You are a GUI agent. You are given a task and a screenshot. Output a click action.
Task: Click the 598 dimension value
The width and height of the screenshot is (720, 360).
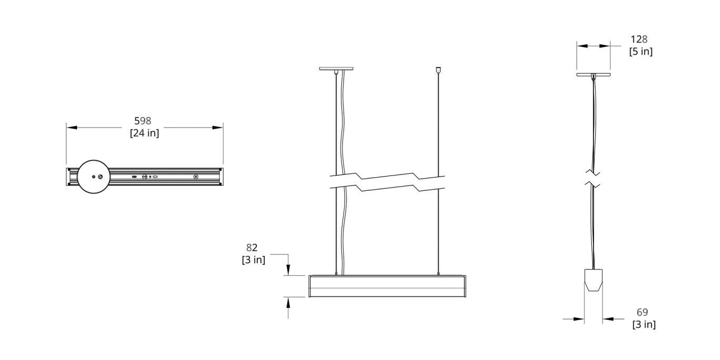[142, 121]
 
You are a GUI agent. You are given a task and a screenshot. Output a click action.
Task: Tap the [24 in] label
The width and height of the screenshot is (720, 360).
[144, 133]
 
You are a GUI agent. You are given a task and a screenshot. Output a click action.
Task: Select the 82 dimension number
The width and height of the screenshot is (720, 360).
[251, 248]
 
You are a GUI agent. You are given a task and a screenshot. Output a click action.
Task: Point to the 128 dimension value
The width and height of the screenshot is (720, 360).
[639, 39]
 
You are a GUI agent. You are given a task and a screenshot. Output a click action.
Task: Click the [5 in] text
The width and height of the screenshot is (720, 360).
[640, 52]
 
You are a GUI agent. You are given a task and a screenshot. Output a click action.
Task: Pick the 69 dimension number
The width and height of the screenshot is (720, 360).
[642, 312]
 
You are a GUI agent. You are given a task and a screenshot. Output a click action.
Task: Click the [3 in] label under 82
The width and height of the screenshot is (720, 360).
[254, 260]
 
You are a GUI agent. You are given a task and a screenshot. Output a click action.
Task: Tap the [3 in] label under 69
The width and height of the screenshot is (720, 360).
[644, 324]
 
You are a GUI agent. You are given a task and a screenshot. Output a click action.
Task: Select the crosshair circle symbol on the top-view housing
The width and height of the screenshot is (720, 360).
[144, 177]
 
